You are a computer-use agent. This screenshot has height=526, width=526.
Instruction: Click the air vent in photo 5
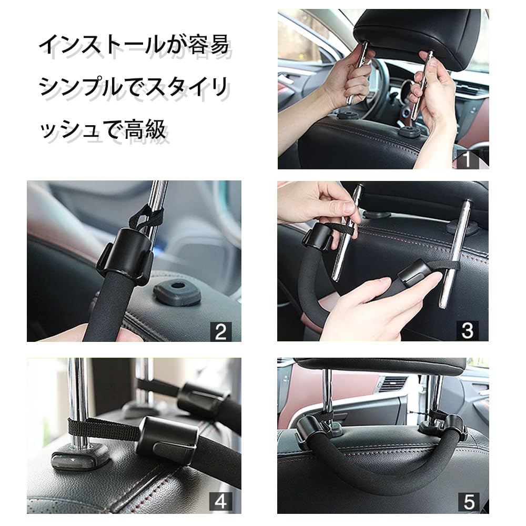tap(393, 384)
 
